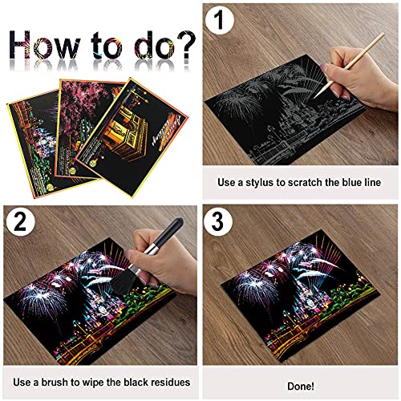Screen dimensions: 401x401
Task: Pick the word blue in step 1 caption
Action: pos(350,182)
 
